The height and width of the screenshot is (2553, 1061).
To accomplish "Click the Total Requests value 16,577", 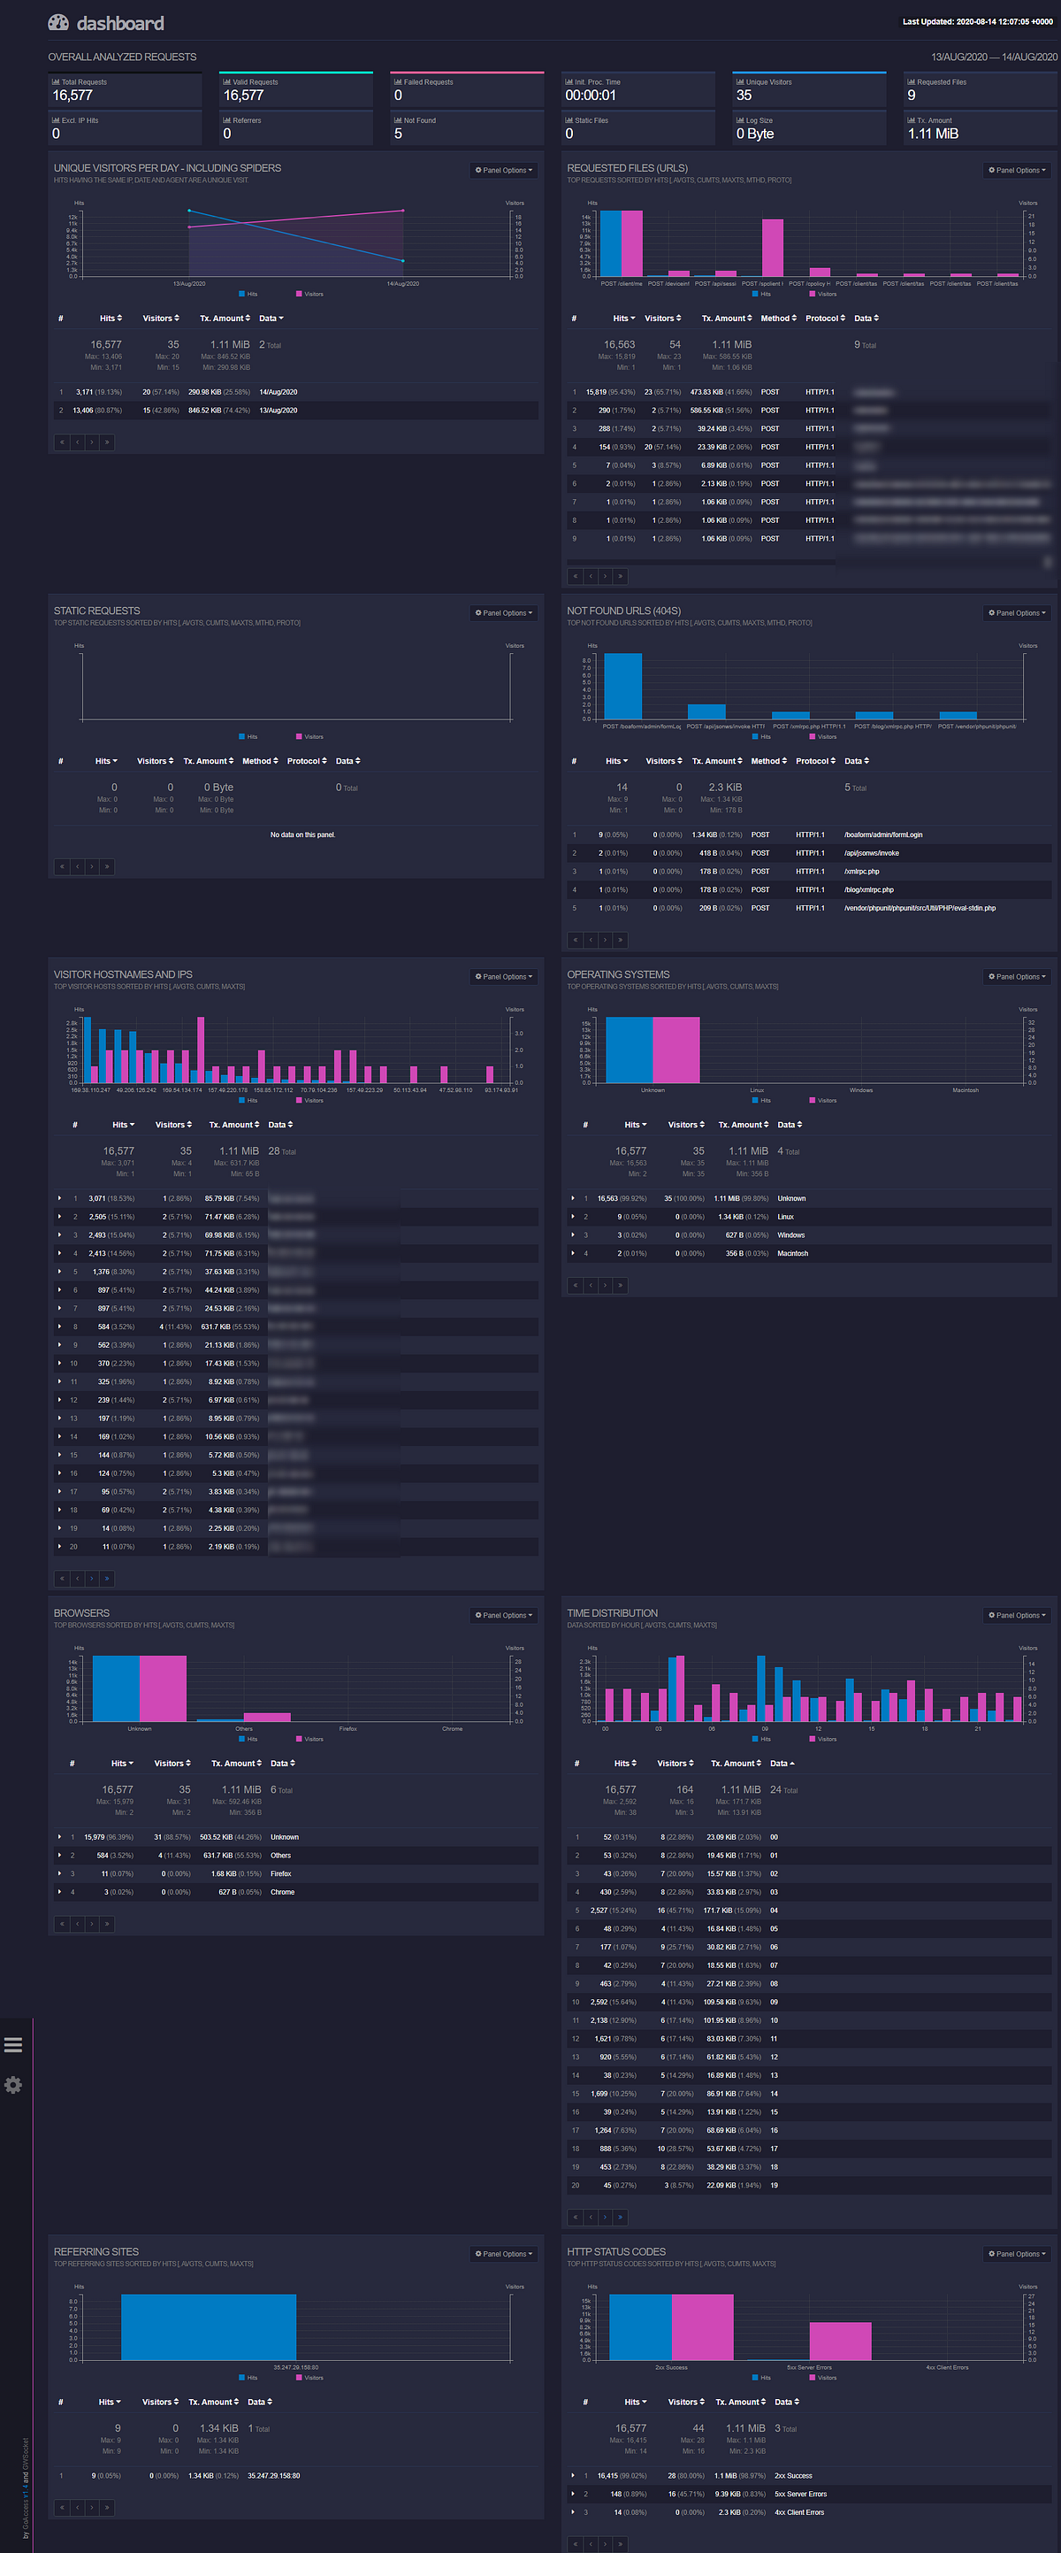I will tap(73, 96).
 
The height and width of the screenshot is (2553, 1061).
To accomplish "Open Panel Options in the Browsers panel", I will tap(504, 1616).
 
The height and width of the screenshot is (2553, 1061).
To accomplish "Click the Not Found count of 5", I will tap(398, 134).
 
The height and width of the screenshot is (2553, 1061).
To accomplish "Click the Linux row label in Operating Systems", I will tap(786, 1217).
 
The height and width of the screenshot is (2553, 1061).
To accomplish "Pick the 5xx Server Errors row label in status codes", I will tap(800, 2495).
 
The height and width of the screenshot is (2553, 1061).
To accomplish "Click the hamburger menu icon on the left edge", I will tap(13, 2044).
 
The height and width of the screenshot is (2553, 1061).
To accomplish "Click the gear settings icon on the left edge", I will tap(13, 2085).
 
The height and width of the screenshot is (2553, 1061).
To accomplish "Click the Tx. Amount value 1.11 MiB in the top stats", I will tap(933, 134).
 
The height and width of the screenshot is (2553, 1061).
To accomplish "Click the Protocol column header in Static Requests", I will tap(306, 761).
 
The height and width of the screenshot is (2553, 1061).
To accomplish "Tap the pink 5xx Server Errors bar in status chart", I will tap(840, 2341).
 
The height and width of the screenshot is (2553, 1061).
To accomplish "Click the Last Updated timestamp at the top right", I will tap(977, 22).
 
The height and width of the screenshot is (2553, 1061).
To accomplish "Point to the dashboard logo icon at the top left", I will tap(58, 23).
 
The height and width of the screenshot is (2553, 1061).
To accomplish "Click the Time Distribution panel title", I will tap(612, 1613).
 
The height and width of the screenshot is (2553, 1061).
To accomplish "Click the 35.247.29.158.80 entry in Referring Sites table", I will tap(273, 2476).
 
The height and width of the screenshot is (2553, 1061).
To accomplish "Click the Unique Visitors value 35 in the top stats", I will tap(744, 96).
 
